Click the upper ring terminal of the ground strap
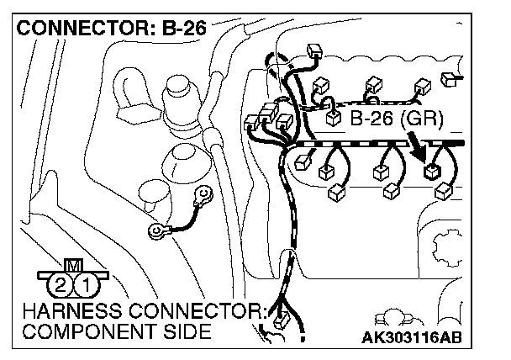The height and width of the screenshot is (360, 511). (x=203, y=199)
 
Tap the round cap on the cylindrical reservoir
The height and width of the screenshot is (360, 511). (x=178, y=85)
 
